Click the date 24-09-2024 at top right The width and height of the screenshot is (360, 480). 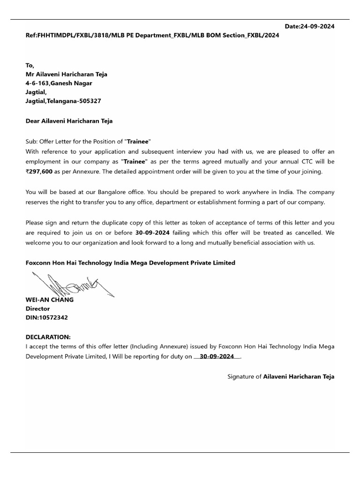click(317, 27)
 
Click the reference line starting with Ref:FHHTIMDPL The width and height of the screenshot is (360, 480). click(152, 36)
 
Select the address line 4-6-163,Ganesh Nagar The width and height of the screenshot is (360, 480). click(59, 83)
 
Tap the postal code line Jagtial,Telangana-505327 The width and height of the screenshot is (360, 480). click(63, 101)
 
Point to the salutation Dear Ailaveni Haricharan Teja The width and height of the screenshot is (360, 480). click(69, 121)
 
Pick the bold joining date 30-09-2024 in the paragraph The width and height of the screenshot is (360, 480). click(152, 232)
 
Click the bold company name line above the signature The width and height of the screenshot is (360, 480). click(130, 263)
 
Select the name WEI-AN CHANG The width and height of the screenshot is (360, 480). click(49, 300)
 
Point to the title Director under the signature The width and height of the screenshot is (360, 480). click(37, 309)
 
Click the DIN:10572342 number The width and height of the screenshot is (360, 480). click(46, 318)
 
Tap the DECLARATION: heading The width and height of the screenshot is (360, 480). click(48, 337)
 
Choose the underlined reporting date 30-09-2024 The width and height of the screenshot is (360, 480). click(217, 356)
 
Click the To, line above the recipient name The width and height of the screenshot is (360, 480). click(30, 65)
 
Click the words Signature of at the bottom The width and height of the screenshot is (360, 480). click(244, 376)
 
